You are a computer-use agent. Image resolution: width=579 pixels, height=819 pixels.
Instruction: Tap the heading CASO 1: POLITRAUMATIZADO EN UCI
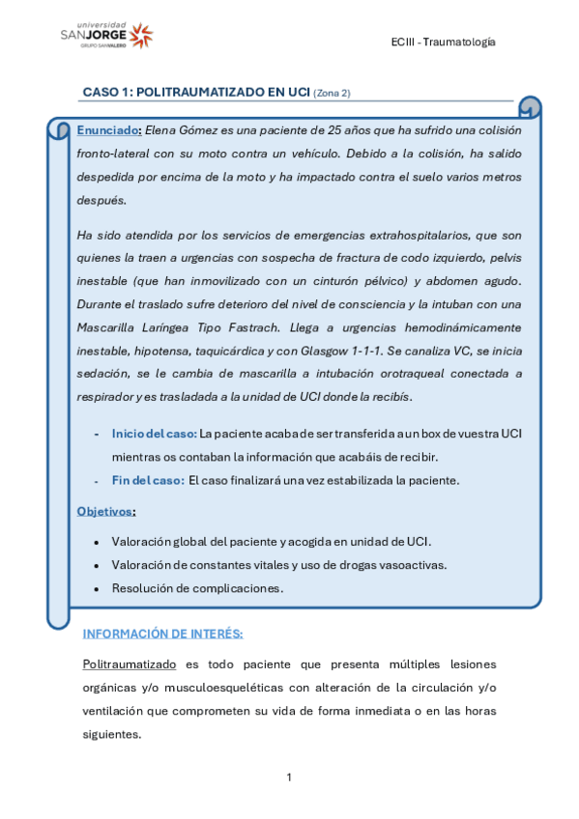point(195,93)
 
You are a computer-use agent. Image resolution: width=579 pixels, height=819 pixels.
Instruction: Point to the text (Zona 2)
point(333,94)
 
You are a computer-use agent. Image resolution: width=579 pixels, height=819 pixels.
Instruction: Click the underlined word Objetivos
point(105,510)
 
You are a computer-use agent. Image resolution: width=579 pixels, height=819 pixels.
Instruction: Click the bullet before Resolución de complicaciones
point(96,588)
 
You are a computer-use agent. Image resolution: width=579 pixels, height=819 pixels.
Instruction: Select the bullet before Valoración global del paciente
point(96,541)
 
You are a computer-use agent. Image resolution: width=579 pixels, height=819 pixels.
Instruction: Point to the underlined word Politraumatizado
point(130,664)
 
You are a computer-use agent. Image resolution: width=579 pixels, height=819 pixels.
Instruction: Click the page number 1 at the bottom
point(289,777)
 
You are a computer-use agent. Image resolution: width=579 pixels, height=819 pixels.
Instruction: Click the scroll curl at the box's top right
point(530,107)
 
